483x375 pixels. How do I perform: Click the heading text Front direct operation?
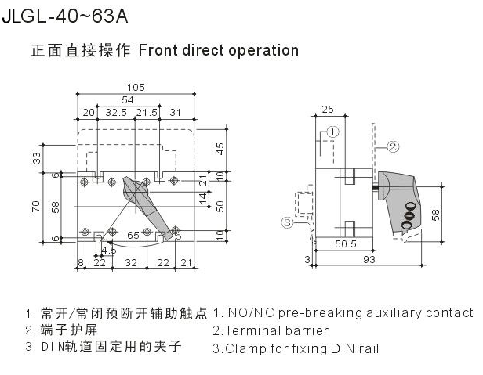219,50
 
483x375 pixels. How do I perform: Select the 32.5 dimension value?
117,113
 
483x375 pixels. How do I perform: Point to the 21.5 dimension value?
147,113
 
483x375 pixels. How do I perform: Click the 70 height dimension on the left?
35,206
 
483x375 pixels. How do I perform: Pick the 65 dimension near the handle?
134,234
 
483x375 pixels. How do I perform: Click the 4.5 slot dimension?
109,251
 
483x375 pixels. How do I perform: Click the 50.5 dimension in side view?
345,244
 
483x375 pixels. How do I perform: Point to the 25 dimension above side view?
329,109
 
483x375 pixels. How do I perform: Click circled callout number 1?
332,132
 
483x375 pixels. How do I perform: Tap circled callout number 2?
394,146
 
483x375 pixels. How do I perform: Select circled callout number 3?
288,222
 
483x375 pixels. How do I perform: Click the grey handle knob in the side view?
399,195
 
